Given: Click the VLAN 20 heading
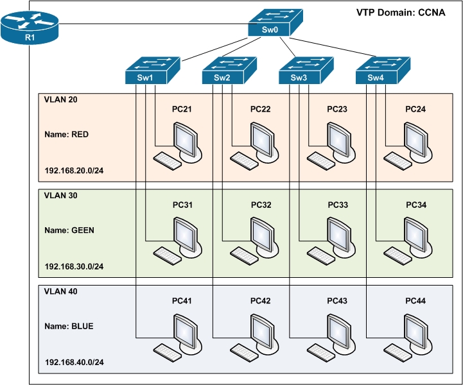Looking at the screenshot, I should pyautogui.click(x=61, y=100).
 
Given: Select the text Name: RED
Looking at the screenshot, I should pyautogui.click(x=66, y=136).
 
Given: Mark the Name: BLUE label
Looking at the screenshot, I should pyautogui.click(x=69, y=326).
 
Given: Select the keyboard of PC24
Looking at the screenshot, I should pyautogui.click(x=398, y=160).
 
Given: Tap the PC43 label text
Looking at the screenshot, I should pyautogui.click(x=337, y=302).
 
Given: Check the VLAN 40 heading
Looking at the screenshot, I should pyautogui.click(x=61, y=291).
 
